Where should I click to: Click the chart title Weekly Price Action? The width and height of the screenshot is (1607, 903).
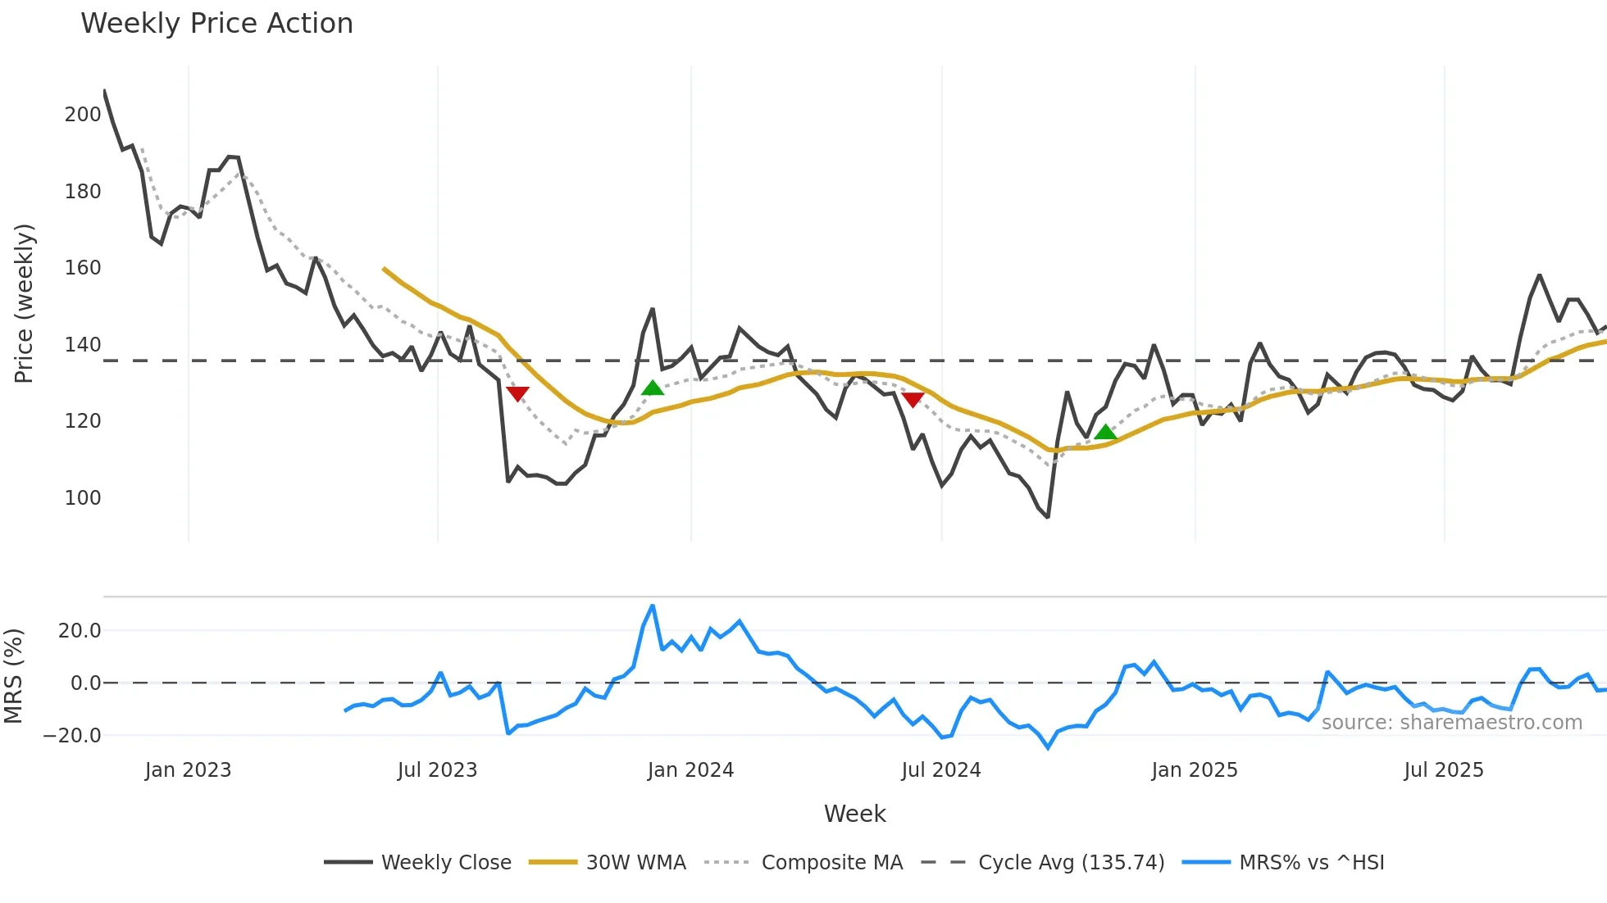(216, 24)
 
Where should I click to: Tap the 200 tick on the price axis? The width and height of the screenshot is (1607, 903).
(83, 115)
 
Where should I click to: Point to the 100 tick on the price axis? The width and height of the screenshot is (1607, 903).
(83, 498)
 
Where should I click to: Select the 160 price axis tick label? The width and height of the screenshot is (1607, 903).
(83, 268)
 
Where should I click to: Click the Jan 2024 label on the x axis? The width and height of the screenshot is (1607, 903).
(690, 770)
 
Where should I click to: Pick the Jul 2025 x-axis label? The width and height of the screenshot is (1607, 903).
(1444, 770)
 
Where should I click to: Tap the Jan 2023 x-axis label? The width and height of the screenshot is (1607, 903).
(188, 770)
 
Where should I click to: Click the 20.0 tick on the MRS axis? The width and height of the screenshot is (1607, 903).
(80, 631)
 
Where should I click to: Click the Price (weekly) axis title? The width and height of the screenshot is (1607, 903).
(24, 303)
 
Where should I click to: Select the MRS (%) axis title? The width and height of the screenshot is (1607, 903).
(13, 676)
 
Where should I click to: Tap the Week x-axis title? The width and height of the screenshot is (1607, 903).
(854, 814)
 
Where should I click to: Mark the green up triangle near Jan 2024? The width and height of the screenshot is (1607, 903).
(652, 388)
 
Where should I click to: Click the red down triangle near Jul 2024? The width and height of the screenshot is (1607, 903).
(913, 400)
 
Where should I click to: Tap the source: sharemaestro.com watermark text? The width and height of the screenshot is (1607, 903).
(1451, 723)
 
